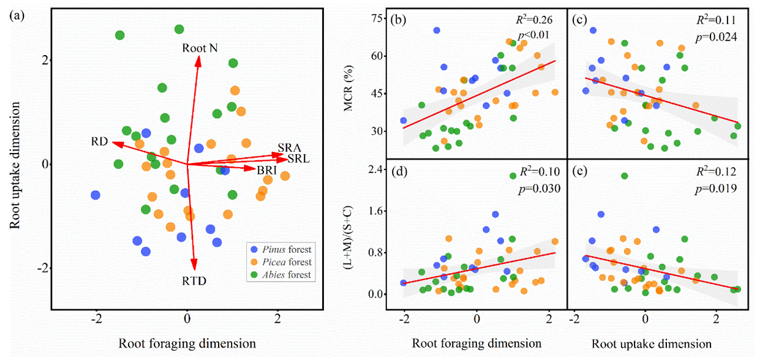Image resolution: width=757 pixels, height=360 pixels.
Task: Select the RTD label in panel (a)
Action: point(194,281)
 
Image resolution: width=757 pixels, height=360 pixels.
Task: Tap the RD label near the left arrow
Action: point(100,142)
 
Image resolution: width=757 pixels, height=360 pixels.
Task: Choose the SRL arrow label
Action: point(298,159)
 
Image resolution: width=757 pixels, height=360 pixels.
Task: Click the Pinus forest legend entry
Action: point(285,249)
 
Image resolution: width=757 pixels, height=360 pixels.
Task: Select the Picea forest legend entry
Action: point(285,262)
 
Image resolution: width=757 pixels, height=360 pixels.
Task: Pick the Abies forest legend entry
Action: point(285,275)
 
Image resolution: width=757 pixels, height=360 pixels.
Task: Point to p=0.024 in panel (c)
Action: point(714,37)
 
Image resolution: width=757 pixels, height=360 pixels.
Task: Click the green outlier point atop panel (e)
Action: point(624,176)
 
